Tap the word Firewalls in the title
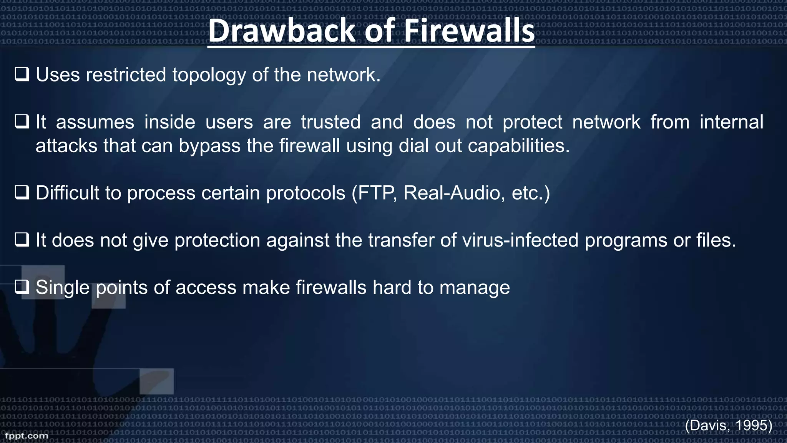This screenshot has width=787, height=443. click(x=469, y=31)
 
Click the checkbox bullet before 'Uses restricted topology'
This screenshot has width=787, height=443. click(x=22, y=74)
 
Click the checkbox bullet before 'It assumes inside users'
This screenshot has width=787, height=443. click(x=22, y=122)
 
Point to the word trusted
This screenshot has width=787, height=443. click(x=330, y=122)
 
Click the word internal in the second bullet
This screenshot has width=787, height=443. click(x=731, y=122)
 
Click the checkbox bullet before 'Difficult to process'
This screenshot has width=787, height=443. click(x=22, y=192)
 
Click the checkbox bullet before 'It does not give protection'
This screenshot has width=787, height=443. click(x=22, y=240)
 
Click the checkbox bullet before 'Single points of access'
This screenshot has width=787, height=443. click(x=22, y=287)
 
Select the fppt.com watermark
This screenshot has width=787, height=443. click(x=27, y=436)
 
